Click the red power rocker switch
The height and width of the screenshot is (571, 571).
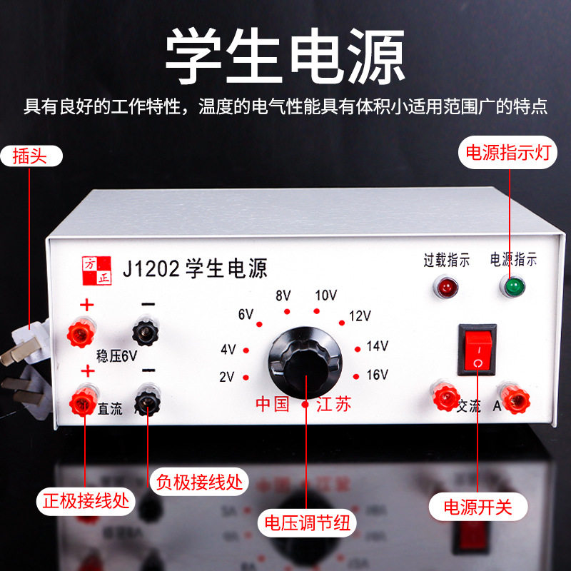(x=477, y=350)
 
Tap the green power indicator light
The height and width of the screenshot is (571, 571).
(x=512, y=286)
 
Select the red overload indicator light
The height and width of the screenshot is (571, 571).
(x=445, y=287)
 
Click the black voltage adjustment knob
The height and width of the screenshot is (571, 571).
(x=305, y=363)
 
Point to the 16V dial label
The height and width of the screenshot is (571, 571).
(x=378, y=375)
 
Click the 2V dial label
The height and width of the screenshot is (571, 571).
(x=227, y=377)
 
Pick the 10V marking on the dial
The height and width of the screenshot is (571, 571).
(x=326, y=295)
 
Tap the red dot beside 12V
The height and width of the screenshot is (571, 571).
(x=342, y=323)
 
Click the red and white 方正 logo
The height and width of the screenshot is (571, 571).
(x=96, y=271)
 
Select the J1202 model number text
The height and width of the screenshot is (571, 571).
(x=151, y=269)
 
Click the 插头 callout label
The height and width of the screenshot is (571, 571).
(x=31, y=156)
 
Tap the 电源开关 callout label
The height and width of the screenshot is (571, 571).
(x=477, y=507)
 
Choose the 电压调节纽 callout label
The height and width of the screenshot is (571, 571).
(x=307, y=523)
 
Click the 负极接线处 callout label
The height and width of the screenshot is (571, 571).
(x=199, y=482)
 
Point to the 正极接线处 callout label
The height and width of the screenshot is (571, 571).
(x=86, y=501)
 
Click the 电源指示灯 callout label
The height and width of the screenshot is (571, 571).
(x=508, y=152)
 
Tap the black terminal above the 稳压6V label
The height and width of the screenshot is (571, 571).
(x=146, y=331)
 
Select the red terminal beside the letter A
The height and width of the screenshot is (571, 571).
(x=515, y=399)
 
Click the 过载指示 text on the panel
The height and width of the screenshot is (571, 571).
(x=447, y=261)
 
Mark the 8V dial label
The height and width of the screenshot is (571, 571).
(x=283, y=295)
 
